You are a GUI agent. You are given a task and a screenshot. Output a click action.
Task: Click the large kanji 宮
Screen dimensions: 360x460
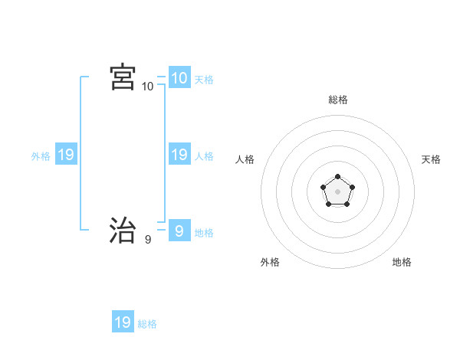123,77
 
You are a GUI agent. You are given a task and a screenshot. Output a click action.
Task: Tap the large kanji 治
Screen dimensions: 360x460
123,229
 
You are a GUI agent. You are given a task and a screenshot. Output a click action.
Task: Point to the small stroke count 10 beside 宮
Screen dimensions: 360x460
148,87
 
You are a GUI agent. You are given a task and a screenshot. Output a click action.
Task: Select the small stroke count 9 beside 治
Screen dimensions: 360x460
148,240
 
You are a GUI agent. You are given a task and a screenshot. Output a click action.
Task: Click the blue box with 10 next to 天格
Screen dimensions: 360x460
179,77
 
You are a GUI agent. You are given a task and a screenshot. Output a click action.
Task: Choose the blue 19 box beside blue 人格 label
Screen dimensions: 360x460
179,155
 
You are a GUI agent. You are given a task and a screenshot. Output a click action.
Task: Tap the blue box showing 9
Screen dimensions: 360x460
179,230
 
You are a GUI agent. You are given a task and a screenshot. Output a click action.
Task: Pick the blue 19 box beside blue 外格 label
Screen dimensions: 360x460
65,155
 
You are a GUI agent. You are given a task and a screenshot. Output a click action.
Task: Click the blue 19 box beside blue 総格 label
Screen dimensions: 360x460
123,322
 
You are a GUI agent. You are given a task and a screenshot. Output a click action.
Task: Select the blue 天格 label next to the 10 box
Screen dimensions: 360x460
204,80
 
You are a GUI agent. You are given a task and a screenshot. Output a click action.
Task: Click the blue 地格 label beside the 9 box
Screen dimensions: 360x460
204,233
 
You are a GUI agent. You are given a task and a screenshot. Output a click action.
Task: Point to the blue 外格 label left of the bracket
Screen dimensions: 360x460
41,156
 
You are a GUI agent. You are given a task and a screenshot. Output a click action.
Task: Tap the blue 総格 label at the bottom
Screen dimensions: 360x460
147,324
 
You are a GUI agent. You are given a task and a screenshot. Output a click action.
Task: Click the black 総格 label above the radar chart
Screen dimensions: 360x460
338,100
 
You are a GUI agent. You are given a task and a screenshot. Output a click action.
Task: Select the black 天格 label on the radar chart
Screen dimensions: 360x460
432,159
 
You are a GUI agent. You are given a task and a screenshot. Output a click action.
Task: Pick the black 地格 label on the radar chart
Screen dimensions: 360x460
402,262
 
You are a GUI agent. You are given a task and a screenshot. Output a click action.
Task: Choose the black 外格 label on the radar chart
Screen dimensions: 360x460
270,262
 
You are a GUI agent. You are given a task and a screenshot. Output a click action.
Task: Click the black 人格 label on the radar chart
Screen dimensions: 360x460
245,159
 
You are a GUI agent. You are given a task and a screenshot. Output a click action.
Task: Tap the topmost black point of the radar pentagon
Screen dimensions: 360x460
338,177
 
